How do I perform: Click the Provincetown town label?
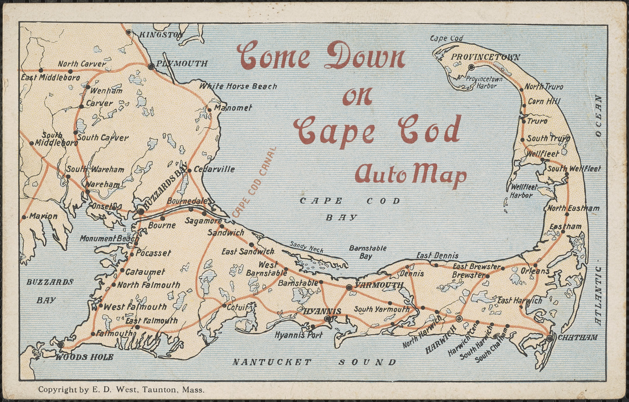click(x=485, y=57)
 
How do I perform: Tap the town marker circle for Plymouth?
click(x=151, y=66)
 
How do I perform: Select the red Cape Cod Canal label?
click(x=254, y=182)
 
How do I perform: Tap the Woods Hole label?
click(x=84, y=357)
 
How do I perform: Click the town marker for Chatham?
click(x=550, y=338)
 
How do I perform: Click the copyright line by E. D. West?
click(x=121, y=389)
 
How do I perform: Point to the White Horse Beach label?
click(x=238, y=86)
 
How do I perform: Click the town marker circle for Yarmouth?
click(x=349, y=287)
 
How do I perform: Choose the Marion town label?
click(x=43, y=216)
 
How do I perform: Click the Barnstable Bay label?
click(x=368, y=252)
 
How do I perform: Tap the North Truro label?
click(x=544, y=87)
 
